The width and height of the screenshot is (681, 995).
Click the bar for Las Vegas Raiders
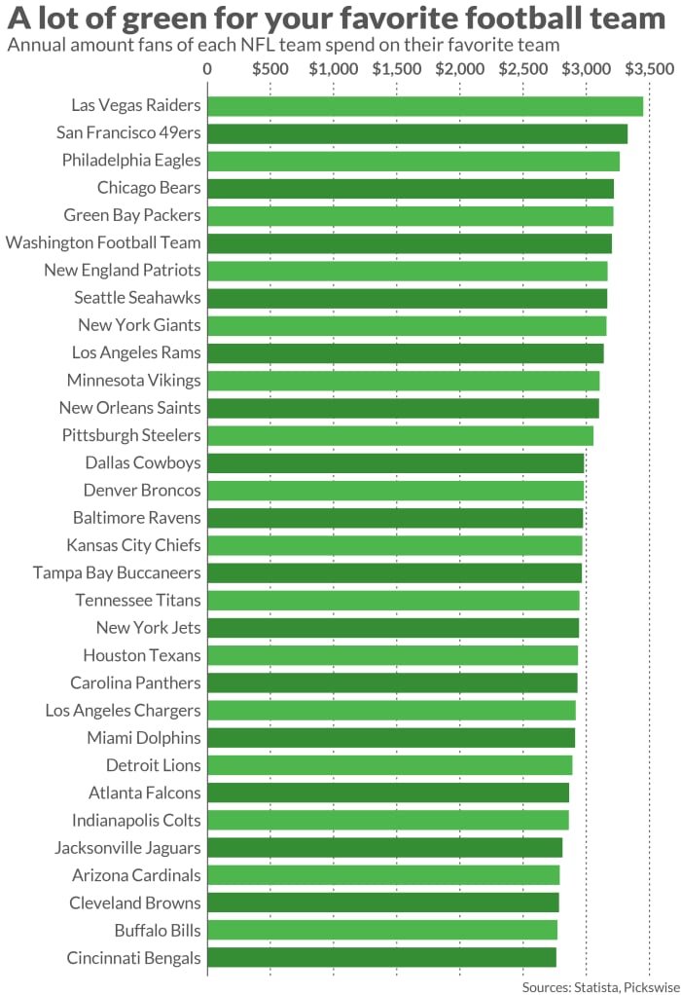[x=424, y=106]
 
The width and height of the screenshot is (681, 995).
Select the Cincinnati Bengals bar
[x=380, y=957]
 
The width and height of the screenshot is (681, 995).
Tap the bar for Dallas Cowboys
[x=395, y=462]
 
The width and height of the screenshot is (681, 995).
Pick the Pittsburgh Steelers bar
[x=399, y=435]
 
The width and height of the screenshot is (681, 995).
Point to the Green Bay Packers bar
[x=410, y=215]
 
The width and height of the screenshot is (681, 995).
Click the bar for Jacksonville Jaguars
[x=384, y=847]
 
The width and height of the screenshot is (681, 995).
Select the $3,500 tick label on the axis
[x=649, y=69]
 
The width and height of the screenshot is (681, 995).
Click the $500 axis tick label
[x=269, y=69]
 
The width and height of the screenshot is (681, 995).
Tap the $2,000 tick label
[x=459, y=69]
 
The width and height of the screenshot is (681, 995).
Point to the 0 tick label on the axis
[x=207, y=69]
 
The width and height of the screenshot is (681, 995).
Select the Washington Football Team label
[x=103, y=242]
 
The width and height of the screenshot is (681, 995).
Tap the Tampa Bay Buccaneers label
[x=117, y=572]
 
